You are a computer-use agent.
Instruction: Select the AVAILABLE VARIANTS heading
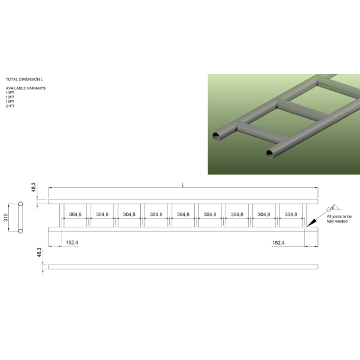click(25, 88)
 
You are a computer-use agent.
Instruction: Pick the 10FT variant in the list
click(10, 92)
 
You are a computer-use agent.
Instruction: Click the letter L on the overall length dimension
click(183, 185)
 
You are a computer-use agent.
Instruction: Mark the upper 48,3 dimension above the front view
click(34, 187)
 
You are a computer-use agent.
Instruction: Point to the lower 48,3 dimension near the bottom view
click(39, 253)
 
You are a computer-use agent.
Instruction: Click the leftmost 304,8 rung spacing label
click(75, 214)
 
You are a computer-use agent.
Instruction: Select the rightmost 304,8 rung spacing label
click(291, 214)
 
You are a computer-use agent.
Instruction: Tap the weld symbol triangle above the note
click(335, 207)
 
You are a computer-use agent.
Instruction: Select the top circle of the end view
click(21, 204)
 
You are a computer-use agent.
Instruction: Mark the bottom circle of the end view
click(21, 232)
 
